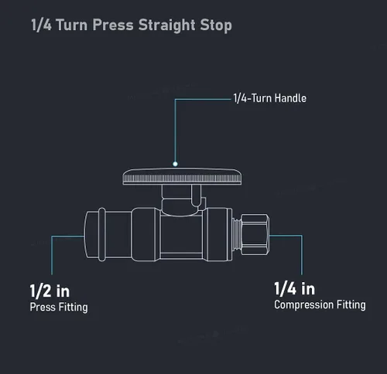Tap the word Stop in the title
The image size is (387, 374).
(x=216, y=25)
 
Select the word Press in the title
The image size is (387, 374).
(x=113, y=25)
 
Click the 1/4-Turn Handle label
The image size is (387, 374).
(x=270, y=98)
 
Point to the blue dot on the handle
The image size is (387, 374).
(x=175, y=164)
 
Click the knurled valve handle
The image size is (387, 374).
(x=182, y=177)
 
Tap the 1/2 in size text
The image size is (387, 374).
(x=50, y=291)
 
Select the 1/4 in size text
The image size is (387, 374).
(x=295, y=288)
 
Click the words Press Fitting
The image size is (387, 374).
(x=59, y=308)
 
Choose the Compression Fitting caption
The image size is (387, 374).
(x=320, y=305)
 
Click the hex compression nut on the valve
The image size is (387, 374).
(x=255, y=234)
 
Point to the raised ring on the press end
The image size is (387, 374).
(x=102, y=234)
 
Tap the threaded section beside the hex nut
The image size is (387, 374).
(x=236, y=234)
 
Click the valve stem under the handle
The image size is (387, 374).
(x=181, y=200)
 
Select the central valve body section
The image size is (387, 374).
(x=181, y=235)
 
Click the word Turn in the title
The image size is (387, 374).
(x=72, y=25)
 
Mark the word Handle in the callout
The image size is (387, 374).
(x=290, y=98)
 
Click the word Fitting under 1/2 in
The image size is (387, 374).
(x=74, y=308)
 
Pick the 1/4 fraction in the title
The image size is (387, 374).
(x=41, y=25)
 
